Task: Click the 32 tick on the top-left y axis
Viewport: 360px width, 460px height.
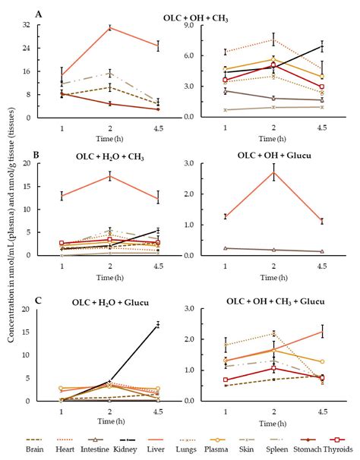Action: [x=25, y=25]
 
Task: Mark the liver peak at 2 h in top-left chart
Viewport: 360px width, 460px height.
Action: [x=110, y=27]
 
